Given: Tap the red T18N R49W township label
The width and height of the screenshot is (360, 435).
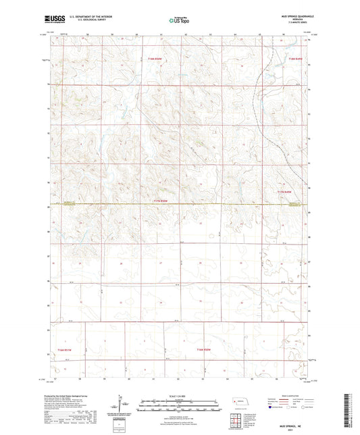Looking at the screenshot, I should pyautogui.click(x=292, y=61).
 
